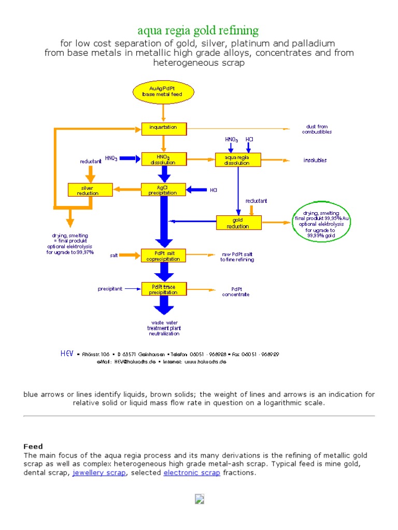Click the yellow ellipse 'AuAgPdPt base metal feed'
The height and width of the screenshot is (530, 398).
click(163, 93)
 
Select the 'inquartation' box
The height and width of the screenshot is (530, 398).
click(163, 127)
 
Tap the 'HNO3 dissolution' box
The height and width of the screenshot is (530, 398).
click(163, 159)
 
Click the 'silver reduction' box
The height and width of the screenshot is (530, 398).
click(91, 189)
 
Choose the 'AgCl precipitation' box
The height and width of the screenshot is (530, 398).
click(163, 189)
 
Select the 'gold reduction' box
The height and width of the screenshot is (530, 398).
click(238, 223)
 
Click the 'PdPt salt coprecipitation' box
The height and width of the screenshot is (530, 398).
click(163, 256)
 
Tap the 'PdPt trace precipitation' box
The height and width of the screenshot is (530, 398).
click(163, 289)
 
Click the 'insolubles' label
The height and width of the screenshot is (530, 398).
click(315, 160)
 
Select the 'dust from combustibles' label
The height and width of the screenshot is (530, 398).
click(317, 129)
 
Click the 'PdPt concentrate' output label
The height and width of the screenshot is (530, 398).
click(236, 292)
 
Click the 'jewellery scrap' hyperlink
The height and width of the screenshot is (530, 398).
click(99, 473)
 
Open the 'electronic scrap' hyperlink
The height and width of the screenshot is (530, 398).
click(192, 473)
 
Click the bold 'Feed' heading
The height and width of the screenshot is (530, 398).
click(33, 446)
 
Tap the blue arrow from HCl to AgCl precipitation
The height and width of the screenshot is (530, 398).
click(196, 190)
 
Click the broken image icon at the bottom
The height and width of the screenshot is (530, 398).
click(199, 499)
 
